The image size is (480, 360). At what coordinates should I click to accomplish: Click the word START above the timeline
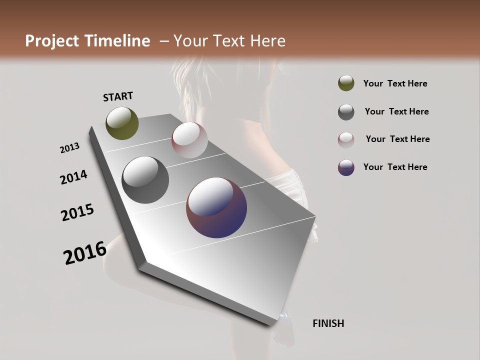(x=118, y=96)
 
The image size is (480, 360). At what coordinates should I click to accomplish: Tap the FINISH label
(x=328, y=323)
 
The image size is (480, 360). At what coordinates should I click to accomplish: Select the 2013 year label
(x=70, y=147)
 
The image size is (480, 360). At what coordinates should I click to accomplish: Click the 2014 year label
(x=74, y=177)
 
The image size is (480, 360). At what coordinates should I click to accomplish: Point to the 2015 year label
(x=77, y=212)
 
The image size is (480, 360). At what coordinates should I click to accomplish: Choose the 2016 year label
(x=85, y=252)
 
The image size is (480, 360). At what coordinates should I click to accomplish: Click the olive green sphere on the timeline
(x=122, y=123)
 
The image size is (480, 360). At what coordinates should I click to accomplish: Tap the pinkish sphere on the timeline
(x=189, y=140)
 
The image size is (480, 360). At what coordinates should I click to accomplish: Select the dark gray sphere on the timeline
(x=145, y=180)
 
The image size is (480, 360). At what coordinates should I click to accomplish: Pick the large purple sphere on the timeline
(x=216, y=207)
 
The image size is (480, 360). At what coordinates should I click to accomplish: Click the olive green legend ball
(x=346, y=83)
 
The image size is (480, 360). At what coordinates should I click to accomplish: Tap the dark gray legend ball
(x=346, y=112)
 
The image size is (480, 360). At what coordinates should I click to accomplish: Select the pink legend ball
(x=346, y=139)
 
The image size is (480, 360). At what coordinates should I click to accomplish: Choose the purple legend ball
(x=346, y=167)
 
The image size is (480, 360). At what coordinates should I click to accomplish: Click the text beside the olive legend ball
(x=395, y=83)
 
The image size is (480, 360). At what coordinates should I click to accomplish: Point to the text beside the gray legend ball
(x=396, y=111)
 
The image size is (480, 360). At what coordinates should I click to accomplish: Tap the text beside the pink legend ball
(x=397, y=139)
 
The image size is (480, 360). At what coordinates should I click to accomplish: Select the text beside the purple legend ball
(x=395, y=167)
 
